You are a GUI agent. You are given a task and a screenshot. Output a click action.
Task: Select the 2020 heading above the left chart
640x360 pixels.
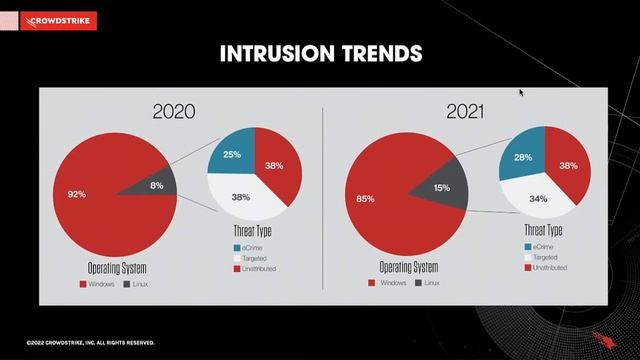(173, 111)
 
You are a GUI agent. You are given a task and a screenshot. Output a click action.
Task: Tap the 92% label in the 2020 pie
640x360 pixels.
(76, 195)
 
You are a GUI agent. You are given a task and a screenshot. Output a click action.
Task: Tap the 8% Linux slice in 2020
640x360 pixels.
(156, 185)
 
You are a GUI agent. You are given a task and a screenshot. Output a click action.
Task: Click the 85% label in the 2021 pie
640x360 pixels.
(365, 199)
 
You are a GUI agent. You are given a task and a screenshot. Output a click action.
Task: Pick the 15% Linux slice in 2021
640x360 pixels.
(442, 188)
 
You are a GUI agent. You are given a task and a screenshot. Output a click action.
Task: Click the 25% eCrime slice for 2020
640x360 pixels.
(232, 154)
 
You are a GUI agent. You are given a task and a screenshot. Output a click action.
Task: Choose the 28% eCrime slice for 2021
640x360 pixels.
(521, 158)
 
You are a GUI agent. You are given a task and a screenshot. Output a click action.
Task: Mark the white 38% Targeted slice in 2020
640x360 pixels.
(240, 197)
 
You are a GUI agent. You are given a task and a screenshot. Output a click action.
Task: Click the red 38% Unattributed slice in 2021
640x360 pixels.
(568, 166)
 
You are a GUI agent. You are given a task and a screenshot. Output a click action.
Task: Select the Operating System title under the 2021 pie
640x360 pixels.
(410, 268)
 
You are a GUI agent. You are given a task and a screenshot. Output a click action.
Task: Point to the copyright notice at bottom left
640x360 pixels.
(91, 342)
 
